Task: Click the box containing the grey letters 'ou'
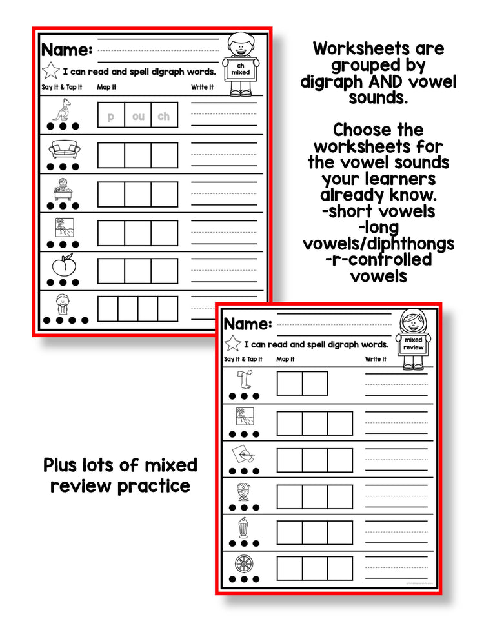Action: (x=138, y=117)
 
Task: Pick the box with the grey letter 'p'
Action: (x=111, y=117)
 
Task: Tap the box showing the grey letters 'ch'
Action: (x=165, y=117)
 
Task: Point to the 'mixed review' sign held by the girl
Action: (x=413, y=343)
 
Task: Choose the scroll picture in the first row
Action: (x=245, y=380)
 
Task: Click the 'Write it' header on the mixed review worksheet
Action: (x=375, y=359)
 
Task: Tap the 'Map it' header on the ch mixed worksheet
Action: (x=105, y=87)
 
